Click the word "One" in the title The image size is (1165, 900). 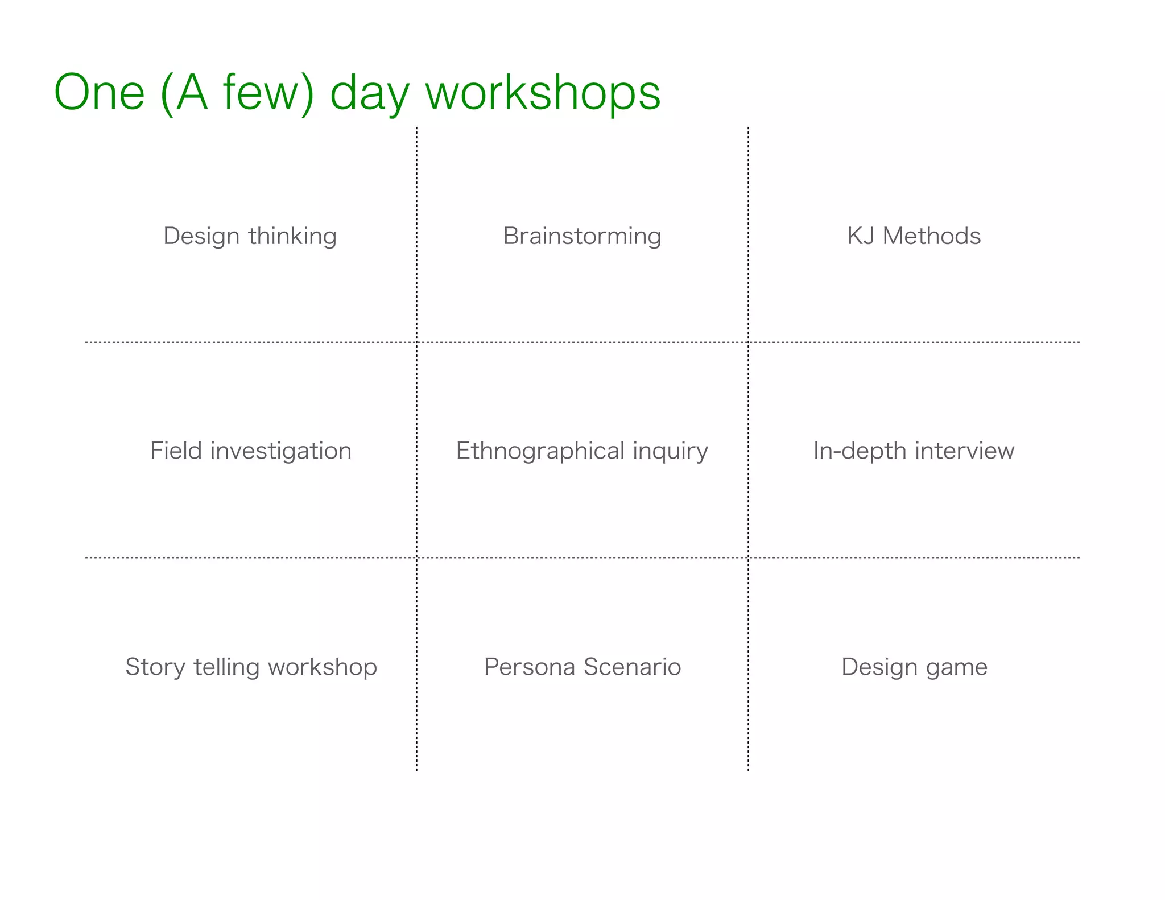click(100, 92)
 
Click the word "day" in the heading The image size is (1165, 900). click(370, 94)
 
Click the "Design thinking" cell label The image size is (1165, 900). click(250, 236)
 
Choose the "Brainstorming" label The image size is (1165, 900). click(582, 236)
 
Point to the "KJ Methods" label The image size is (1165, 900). click(914, 236)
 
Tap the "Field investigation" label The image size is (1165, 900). click(251, 451)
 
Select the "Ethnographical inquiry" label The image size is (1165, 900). click(582, 451)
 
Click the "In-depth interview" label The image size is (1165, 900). click(914, 451)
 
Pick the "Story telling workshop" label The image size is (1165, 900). click(251, 667)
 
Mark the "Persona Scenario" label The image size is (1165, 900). click(582, 667)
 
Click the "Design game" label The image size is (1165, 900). click(914, 667)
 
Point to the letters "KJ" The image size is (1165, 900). click(861, 236)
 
